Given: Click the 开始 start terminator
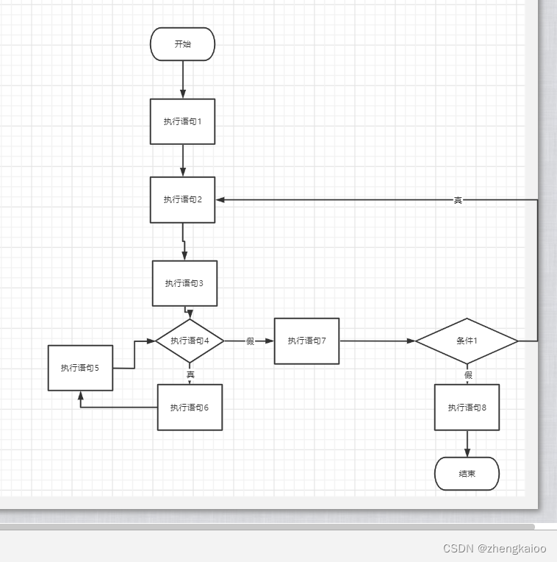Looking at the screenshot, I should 182,44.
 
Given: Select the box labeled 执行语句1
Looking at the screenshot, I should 182,121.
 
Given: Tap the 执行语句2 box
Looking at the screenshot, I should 182,199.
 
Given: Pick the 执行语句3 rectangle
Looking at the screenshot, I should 184,283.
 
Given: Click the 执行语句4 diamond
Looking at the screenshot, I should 190,341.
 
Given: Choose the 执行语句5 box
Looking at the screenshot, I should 80,368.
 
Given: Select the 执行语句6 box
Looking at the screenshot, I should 190,408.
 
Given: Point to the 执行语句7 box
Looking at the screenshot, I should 306,341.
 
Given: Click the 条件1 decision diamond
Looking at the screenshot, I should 467,341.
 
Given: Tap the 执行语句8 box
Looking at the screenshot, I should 467,408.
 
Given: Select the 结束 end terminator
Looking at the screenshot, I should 467,474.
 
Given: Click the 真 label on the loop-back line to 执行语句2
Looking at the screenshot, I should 458,200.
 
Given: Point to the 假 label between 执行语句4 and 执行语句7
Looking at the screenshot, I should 250,341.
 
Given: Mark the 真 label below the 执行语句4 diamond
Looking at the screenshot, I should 190,374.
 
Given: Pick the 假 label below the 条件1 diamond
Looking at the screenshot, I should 468,374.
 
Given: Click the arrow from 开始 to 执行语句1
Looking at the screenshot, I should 182,79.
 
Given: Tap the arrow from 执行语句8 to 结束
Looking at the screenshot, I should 467,444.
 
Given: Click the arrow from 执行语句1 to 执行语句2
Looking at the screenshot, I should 182,160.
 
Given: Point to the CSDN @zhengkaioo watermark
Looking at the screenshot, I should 495,549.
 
